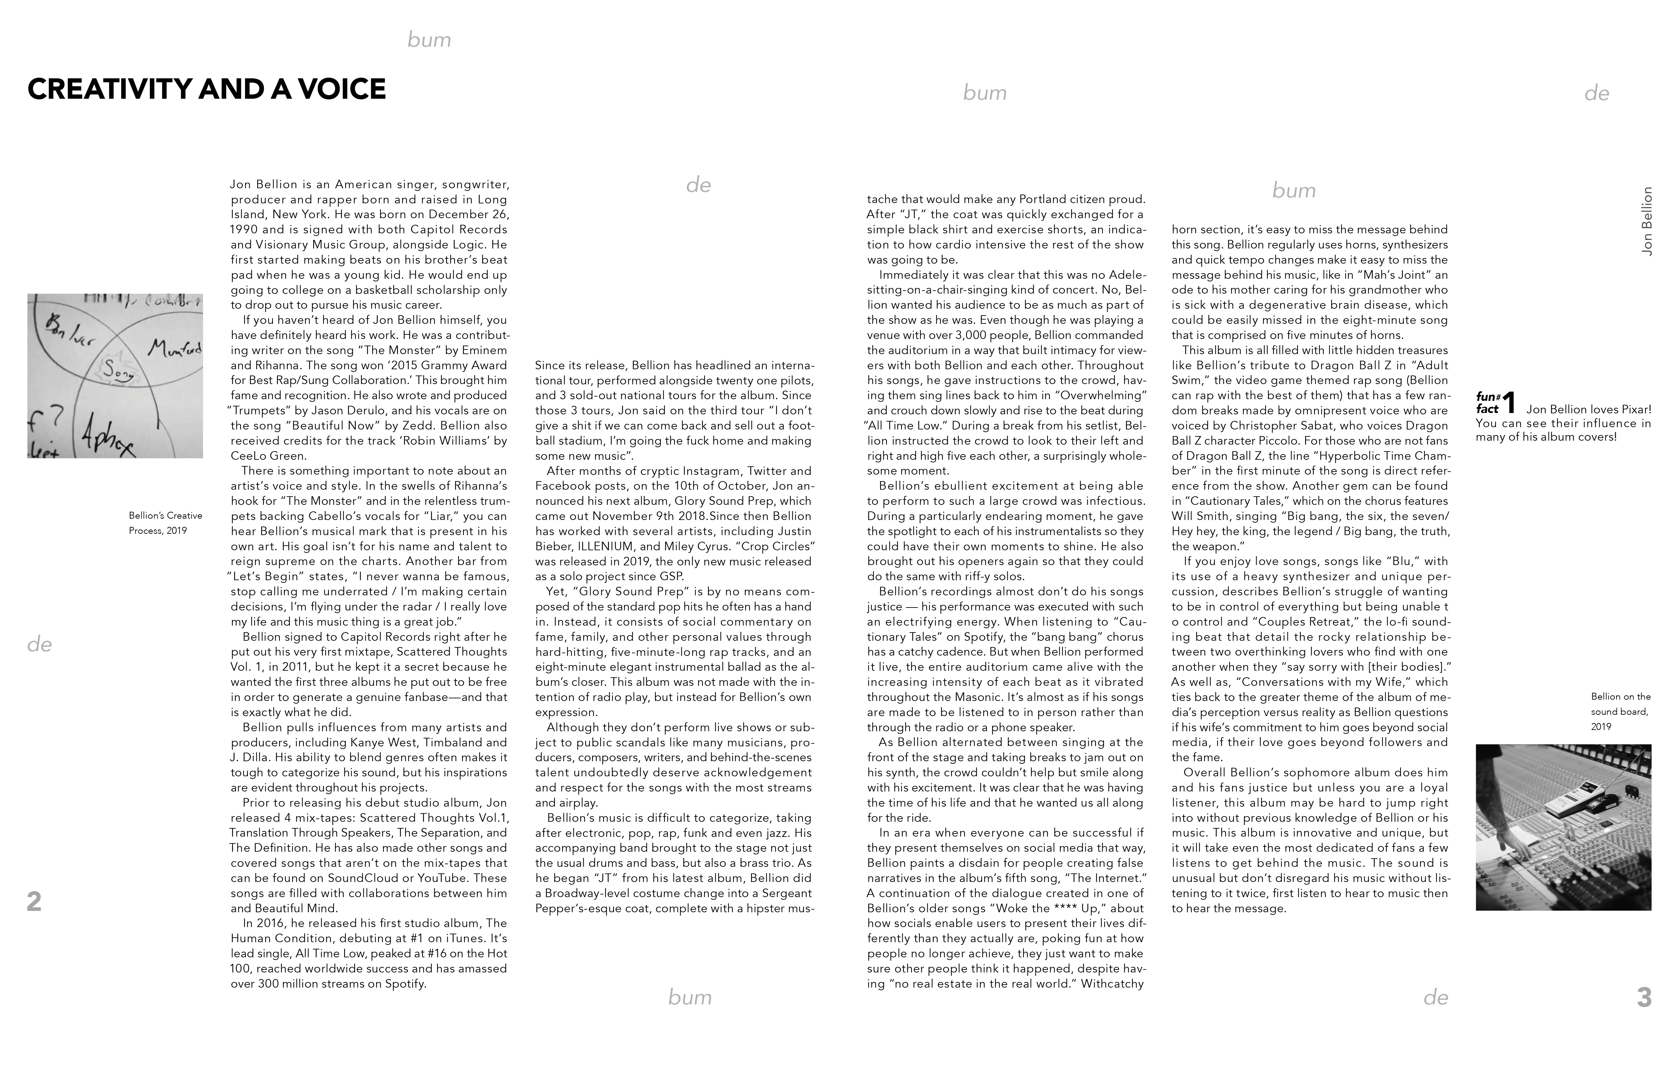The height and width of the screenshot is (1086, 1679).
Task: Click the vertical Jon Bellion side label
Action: [x=1646, y=221]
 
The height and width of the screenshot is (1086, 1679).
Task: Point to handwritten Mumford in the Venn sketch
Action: [x=175, y=348]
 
